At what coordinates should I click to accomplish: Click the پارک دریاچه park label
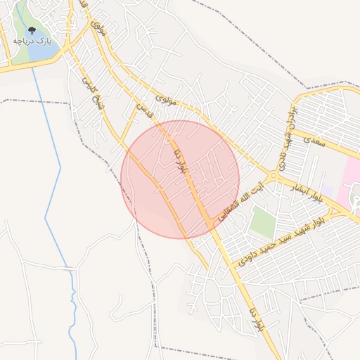click(x=32, y=42)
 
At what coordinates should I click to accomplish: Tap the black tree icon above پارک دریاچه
click(x=32, y=31)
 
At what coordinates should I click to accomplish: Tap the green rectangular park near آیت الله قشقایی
click(x=262, y=221)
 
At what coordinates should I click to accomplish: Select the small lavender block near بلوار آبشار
click(x=328, y=190)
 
